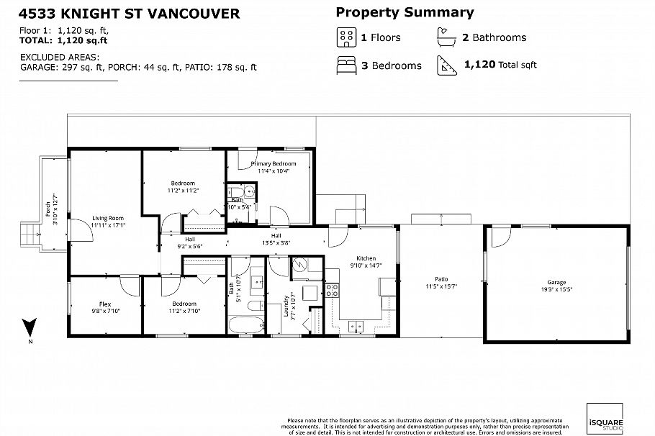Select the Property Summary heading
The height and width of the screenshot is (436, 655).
[x=405, y=12]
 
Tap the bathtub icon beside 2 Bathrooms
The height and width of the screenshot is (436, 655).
[x=445, y=37]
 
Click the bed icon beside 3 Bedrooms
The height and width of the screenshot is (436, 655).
[x=345, y=65]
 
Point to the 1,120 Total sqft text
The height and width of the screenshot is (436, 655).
[x=500, y=65]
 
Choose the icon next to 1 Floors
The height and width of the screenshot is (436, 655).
[x=345, y=37]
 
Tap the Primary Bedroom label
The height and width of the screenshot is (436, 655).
[x=274, y=164]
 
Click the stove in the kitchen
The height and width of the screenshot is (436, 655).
[x=333, y=291]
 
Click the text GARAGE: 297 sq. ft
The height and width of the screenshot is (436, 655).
[x=63, y=67]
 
